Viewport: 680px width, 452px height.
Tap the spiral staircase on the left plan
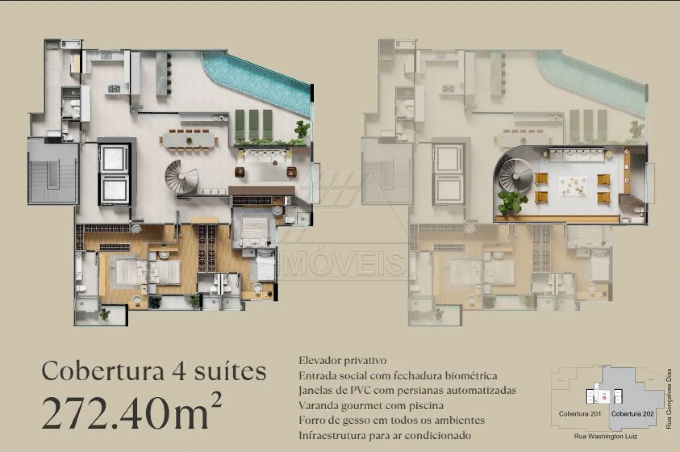click(x=181, y=177)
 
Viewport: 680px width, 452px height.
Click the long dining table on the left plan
click(x=189, y=140)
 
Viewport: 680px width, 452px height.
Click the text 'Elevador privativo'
click(x=343, y=361)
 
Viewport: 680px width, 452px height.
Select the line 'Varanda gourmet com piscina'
click(x=371, y=405)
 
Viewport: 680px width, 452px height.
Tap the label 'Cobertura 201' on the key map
click(x=580, y=414)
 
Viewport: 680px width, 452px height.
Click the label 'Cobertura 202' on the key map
click(x=632, y=414)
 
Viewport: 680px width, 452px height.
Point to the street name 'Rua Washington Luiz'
click(x=606, y=436)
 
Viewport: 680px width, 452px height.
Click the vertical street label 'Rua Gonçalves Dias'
click(x=668, y=399)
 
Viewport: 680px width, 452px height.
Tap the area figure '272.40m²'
click(x=132, y=414)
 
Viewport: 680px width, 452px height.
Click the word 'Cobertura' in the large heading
click(x=102, y=371)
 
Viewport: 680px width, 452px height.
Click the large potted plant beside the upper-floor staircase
click(x=511, y=201)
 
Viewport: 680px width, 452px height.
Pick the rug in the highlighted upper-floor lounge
click(x=573, y=186)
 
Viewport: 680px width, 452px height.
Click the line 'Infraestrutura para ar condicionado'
click(x=385, y=435)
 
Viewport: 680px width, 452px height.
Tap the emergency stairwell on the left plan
click(x=53, y=174)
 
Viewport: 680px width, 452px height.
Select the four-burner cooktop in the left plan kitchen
click(x=114, y=89)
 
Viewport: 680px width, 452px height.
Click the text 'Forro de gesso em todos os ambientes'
click(x=391, y=420)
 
